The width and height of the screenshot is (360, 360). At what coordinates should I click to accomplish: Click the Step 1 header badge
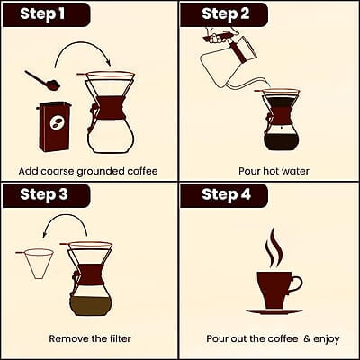[x=47, y=14]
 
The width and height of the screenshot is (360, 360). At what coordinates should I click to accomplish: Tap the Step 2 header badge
[x=224, y=14]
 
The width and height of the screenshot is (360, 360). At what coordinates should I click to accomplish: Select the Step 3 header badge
[x=47, y=195]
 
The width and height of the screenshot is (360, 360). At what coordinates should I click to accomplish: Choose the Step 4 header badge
[x=224, y=195]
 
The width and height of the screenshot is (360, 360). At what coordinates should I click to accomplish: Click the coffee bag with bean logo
[x=54, y=127]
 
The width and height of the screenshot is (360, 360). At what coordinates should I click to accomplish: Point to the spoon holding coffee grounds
[x=42, y=80]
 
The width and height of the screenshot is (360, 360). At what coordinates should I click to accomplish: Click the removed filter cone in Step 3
[x=35, y=264]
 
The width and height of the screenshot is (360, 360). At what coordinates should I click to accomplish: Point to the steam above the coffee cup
[x=274, y=248]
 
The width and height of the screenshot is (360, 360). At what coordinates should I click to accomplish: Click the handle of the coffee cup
[x=296, y=285]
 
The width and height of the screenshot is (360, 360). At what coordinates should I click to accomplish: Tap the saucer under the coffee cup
[x=274, y=311]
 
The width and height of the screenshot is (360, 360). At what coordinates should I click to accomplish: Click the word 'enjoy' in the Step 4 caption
[x=327, y=339]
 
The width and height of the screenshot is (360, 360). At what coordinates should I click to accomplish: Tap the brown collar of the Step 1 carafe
[x=111, y=108]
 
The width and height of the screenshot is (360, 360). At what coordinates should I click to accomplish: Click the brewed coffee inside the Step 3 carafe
[x=92, y=306]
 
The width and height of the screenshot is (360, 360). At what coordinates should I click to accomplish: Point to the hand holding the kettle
[x=218, y=34]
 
